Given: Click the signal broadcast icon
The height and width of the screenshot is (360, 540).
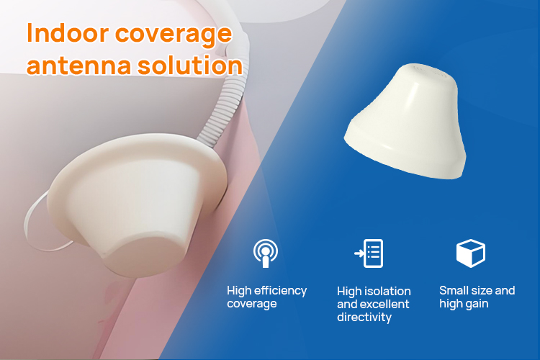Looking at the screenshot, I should (266, 253).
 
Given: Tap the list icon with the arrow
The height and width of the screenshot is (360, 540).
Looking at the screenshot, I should (369, 253).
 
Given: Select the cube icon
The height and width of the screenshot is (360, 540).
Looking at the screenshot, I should (471, 253).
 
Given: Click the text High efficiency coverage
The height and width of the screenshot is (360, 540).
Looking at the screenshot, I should (266, 297).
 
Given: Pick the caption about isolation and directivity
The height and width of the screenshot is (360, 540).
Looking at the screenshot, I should (374, 304).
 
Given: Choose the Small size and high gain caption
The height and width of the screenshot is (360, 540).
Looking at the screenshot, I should (477, 297).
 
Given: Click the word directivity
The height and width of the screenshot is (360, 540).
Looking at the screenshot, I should (364, 317).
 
